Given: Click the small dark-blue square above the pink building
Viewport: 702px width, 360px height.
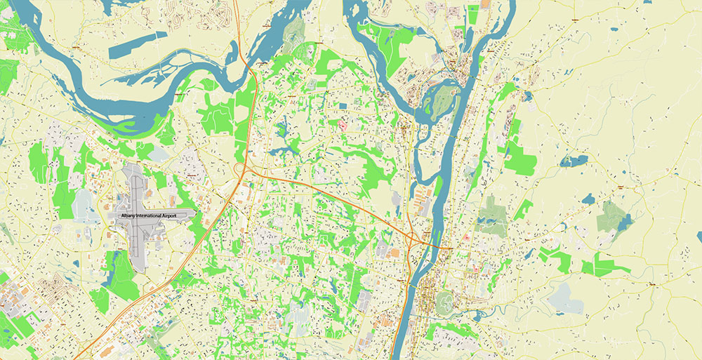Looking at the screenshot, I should coord(343,106).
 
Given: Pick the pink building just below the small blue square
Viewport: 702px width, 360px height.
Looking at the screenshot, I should coord(343,125).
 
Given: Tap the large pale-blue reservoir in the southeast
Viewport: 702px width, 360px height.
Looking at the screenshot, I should coord(566,298).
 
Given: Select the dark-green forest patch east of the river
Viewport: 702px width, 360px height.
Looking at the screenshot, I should coord(491,214).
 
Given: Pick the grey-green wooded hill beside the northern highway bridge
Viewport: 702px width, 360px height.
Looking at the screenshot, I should coord(295,32).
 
